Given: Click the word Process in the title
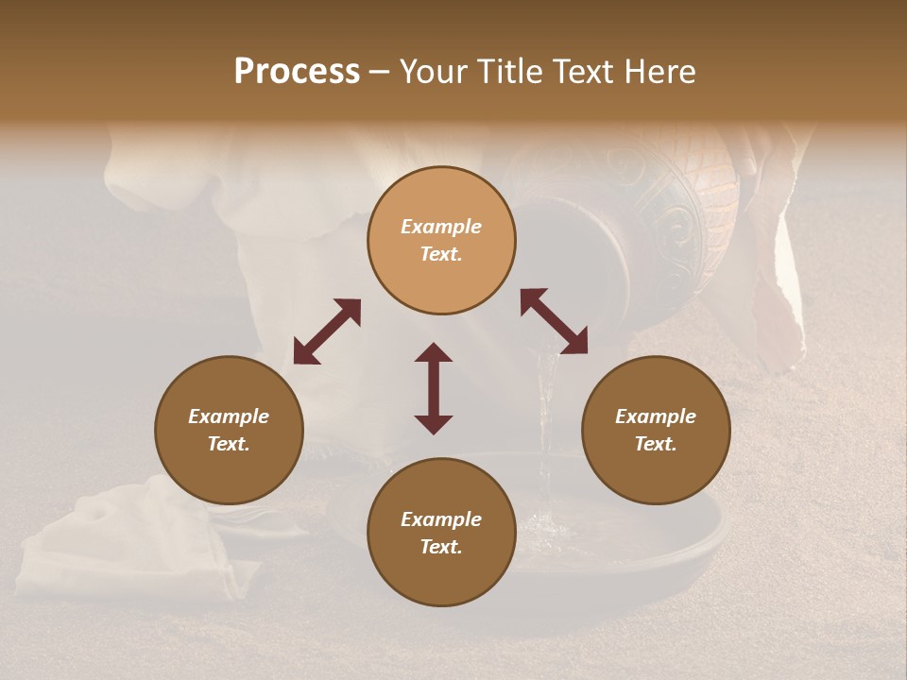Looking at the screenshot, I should [297, 72].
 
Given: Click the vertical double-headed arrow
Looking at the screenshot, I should [434, 388].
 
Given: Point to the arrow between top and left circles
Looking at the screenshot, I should [327, 331].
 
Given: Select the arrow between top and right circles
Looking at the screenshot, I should [554, 321].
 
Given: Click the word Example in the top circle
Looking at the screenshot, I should [441, 227].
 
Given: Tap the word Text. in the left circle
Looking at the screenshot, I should [229, 444].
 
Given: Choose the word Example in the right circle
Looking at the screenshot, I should [656, 416].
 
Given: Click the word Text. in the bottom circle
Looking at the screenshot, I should [441, 547].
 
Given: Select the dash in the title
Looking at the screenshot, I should [380, 72].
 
